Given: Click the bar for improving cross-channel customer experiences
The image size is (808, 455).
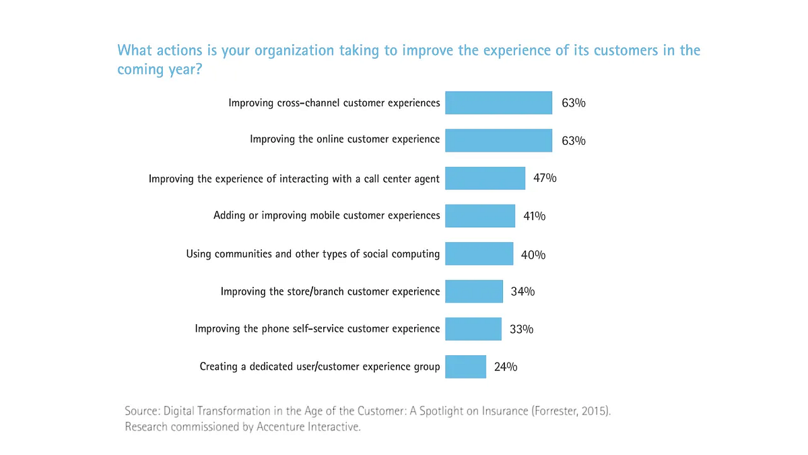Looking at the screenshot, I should pyautogui.click(x=498, y=103).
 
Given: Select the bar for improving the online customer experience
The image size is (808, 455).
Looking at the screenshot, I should pyautogui.click(x=498, y=140).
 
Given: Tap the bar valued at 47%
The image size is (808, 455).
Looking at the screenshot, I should pyautogui.click(x=485, y=178).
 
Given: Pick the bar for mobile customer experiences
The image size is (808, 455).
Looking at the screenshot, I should pyautogui.click(x=480, y=216).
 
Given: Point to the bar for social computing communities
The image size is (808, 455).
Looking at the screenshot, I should pyautogui.click(x=479, y=254).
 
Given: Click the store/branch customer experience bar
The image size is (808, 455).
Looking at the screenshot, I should pyautogui.click(x=474, y=291).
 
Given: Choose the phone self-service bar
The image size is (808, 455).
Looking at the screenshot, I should pyautogui.click(x=473, y=329).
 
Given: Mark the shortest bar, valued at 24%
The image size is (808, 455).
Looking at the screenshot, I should pyautogui.click(x=465, y=367).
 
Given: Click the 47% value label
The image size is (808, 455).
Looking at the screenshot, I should pyautogui.click(x=545, y=178).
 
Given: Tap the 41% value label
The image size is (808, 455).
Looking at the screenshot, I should pyautogui.click(x=534, y=216).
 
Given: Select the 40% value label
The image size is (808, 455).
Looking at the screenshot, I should pyautogui.click(x=533, y=255).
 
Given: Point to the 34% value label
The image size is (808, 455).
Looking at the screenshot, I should pyautogui.click(x=523, y=291).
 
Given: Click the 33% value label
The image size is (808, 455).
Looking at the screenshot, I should pyautogui.click(x=521, y=329).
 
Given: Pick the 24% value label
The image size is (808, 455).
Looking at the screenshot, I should pyautogui.click(x=506, y=367).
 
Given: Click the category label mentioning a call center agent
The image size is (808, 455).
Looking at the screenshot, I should pyautogui.click(x=294, y=179).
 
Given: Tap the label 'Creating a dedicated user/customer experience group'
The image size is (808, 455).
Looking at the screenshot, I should pyautogui.click(x=320, y=367).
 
